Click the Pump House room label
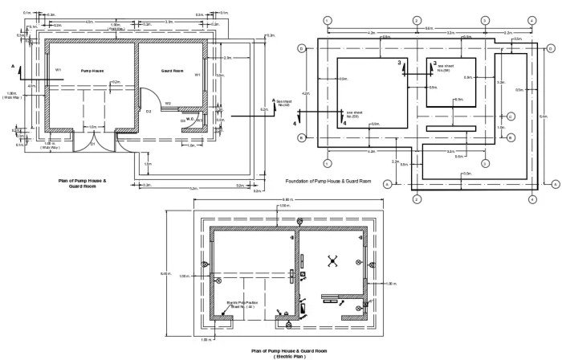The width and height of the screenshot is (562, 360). pos(92,71)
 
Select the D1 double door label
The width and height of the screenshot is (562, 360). pos(92,144)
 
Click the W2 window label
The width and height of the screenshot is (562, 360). pos(169,104)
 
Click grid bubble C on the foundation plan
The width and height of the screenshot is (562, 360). pos(511,117)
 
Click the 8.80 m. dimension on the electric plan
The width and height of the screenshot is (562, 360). pos(287,199)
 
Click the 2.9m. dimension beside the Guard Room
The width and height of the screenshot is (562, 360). pos(228,58)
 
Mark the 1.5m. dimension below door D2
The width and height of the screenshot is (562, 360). pos(148,164)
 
